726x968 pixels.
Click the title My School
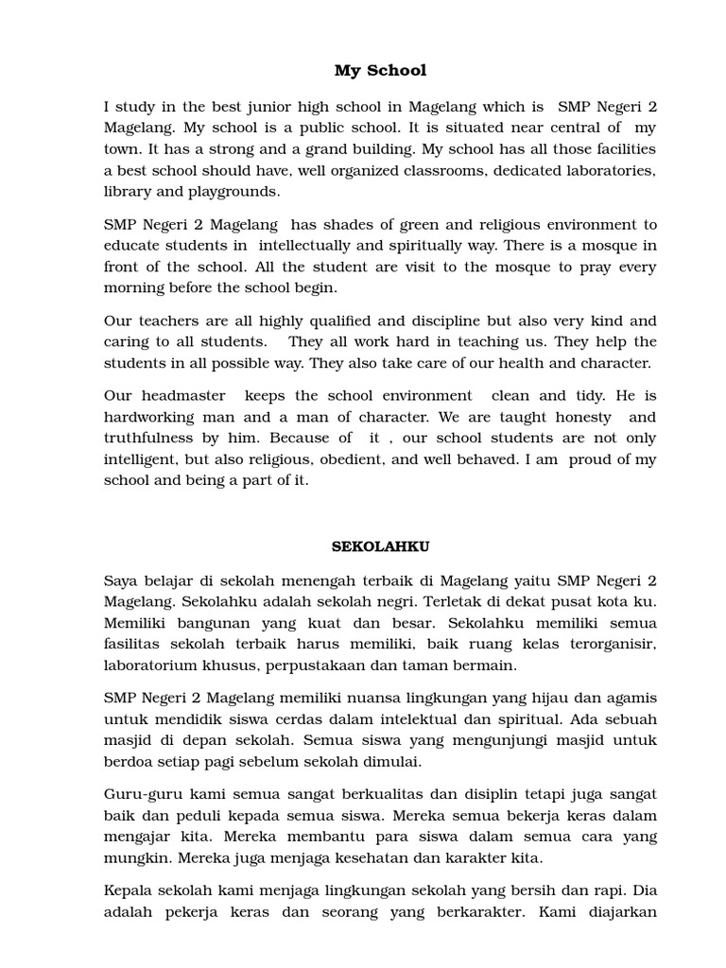pos(380,71)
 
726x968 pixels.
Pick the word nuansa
pos(387,698)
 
